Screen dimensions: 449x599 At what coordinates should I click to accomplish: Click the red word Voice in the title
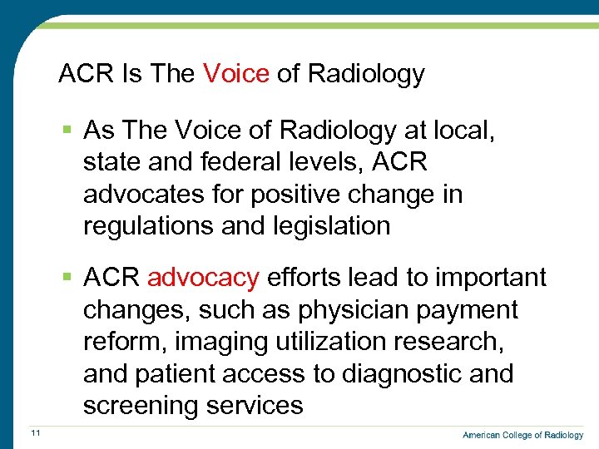[x=235, y=74]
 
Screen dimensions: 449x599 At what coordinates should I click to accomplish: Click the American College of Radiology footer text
[x=522, y=435]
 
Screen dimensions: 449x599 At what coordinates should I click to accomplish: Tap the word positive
[x=272, y=195]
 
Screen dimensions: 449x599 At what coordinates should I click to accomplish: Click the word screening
[x=140, y=406]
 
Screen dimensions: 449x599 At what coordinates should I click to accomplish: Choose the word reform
[x=117, y=342]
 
